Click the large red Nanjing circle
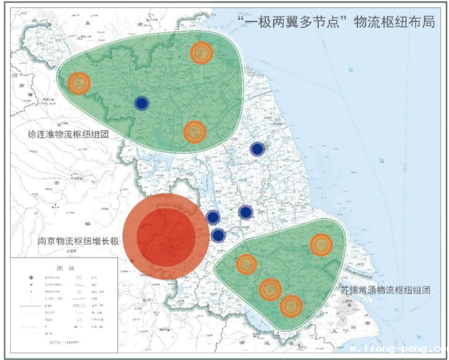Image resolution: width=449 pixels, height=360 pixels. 166,236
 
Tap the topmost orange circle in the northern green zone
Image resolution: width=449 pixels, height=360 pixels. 202,52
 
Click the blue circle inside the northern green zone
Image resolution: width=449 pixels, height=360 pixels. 142,104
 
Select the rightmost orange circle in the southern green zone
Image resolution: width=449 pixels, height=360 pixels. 321,245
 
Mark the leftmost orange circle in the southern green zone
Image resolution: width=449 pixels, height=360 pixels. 247,264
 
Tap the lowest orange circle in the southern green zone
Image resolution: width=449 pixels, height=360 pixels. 291,306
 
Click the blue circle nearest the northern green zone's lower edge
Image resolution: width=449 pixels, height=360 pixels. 257,149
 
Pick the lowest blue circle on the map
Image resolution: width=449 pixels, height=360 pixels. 219,235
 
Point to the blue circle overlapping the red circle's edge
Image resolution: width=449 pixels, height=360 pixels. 212,217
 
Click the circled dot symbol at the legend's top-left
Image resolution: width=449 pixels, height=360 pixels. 31,276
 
